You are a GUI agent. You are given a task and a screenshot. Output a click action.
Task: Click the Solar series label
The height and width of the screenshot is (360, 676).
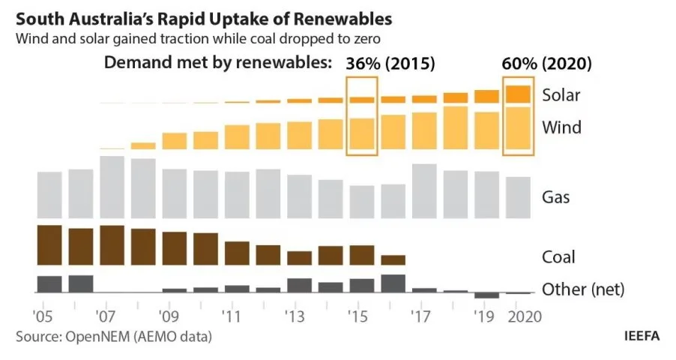click(x=561, y=95)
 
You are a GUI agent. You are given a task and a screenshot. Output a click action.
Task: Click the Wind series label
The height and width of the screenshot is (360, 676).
click(x=561, y=127)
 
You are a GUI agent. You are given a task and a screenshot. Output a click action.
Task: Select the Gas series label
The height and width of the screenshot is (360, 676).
click(x=555, y=197)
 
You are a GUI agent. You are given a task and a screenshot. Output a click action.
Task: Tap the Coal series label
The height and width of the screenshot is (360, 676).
click(x=558, y=257)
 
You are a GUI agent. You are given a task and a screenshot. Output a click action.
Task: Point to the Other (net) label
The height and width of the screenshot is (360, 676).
click(x=583, y=289)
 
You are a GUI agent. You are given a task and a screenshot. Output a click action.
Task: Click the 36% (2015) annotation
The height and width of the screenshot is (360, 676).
click(x=390, y=64)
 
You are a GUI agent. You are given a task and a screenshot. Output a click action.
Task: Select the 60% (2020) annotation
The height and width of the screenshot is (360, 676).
click(x=546, y=64)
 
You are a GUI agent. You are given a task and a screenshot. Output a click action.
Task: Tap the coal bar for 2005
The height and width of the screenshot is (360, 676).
click(x=49, y=245)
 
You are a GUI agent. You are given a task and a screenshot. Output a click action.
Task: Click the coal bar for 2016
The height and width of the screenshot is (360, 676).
click(x=393, y=260)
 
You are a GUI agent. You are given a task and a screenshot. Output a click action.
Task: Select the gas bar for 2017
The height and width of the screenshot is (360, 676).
click(x=424, y=192)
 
